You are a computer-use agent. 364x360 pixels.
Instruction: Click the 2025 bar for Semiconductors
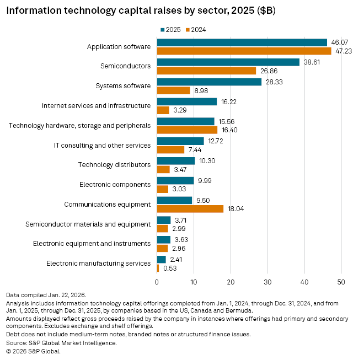coord(228,62)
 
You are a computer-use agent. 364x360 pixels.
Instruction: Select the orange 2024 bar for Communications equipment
coord(190,209)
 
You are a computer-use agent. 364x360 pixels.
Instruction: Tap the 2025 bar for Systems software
coord(210,82)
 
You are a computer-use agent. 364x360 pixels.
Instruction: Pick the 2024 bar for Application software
coord(244,51)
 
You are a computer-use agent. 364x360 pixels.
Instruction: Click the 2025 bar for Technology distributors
coord(176,160)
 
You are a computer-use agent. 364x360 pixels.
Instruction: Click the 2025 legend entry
coord(170,29)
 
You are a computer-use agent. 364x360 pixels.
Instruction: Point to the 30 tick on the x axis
coord(267,282)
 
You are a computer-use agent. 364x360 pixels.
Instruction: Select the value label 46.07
coord(339,42)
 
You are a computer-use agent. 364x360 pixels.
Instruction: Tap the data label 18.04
coord(235,209)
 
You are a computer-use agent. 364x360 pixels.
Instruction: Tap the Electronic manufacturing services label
coord(99,264)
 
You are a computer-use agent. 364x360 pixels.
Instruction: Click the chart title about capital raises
coord(141,11)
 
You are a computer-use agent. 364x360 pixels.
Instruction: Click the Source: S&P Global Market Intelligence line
coord(61,343)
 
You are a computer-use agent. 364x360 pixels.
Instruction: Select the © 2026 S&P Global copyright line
coord(33,351)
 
